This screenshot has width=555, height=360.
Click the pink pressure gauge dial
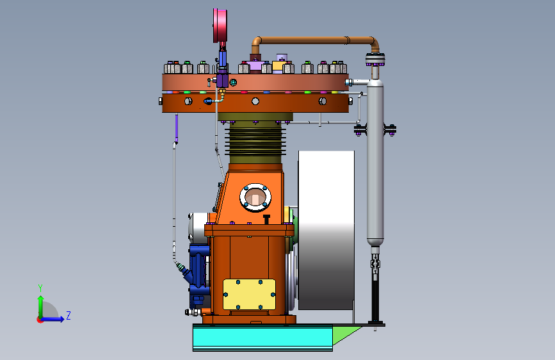coord(220,26)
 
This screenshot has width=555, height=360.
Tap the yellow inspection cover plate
coord(249,295)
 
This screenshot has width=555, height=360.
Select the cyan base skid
coord(262,338)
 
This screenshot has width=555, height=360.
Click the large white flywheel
coord(326,231)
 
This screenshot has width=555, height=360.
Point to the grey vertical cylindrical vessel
coord(375,163)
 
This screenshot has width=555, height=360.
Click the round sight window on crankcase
coord(255,198)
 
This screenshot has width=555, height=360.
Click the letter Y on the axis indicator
coord(40,288)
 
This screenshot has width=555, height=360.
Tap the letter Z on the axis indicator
coord(68,315)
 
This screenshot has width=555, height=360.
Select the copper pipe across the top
coord(315,40)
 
